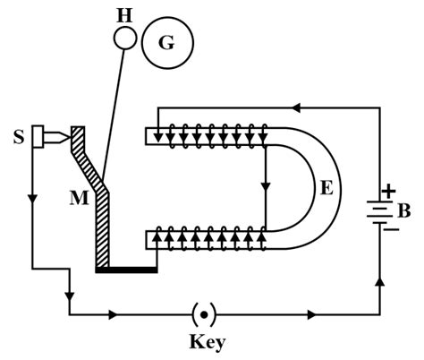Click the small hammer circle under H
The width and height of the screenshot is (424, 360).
tap(125, 38)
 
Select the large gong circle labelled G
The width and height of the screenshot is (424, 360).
tap(167, 42)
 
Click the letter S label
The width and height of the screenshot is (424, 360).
tap(18, 139)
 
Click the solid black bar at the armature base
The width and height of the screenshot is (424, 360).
tap(126, 269)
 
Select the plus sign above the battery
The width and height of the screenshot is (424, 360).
tap(388, 192)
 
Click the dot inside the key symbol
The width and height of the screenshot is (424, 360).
tap(203, 315)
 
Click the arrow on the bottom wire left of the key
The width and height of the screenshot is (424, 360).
tap(114, 315)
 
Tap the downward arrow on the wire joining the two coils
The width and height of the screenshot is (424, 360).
tap(266, 188)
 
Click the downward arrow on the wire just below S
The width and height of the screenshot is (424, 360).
tap(33, 196)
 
